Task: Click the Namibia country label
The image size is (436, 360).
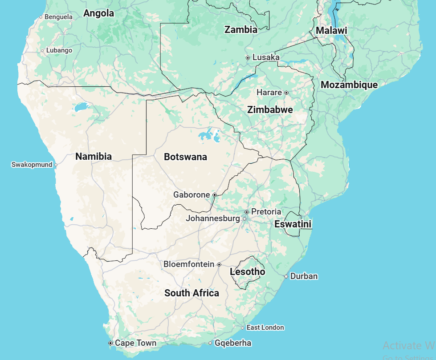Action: pos(94,157)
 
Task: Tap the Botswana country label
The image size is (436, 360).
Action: pos(185,157)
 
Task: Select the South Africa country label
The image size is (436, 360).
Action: pos(192,293)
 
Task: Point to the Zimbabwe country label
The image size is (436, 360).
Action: pos(270,110)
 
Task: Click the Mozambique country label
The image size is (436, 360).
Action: pos(349,85)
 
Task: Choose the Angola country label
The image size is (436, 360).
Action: pos(99,13)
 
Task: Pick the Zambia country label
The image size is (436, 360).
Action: pos(241,30)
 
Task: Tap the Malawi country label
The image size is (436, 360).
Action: pos(331,31)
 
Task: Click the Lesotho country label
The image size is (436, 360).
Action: pos(247,272)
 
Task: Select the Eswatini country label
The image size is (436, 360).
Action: pos(293,224)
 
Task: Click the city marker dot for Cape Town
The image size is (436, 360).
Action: pos(110,343)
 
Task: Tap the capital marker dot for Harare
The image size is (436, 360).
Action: pos(286,93)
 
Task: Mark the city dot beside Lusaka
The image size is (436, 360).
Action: pos(248,58)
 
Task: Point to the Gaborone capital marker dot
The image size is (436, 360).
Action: pos(214,195)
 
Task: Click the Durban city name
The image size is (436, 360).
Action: pos(304,276)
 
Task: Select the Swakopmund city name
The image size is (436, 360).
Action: pos(31,165)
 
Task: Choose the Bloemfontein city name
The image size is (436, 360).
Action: pos(189,264)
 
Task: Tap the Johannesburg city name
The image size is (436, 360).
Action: pos(213,218)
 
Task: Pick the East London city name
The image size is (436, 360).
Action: pos(265,328)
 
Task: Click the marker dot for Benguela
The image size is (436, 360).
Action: pos(41,17)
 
